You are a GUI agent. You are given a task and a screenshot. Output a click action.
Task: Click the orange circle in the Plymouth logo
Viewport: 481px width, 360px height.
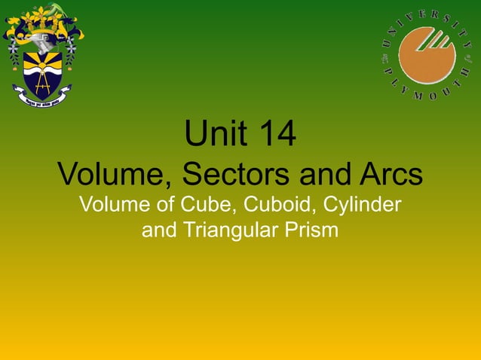click(427, 54)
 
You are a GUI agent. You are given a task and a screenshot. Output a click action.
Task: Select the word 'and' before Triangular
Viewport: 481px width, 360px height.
click(158, 230)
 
